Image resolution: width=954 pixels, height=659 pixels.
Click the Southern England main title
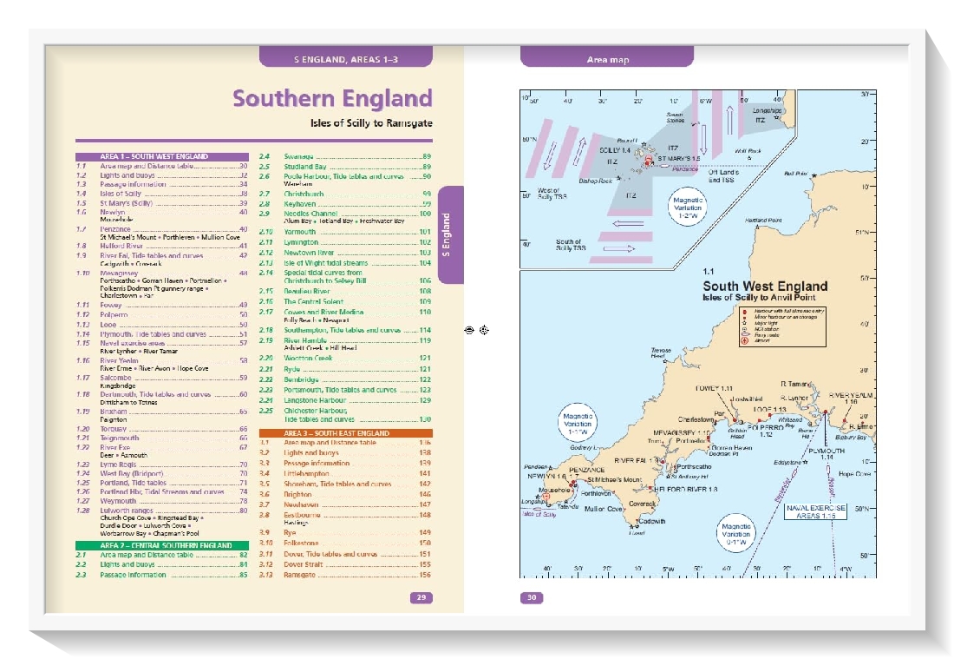coord(332,98)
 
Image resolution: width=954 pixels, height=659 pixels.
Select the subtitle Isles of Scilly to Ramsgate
coord(371,123)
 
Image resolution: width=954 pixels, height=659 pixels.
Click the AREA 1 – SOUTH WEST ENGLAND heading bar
coord(154,157)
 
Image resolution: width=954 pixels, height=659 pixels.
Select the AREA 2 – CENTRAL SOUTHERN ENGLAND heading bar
coord(154,545)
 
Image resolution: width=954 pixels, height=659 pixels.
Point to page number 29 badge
coord(421,597)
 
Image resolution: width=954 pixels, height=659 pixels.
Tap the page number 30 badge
coord(532,597)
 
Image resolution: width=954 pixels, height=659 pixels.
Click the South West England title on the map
coord(764,287)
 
